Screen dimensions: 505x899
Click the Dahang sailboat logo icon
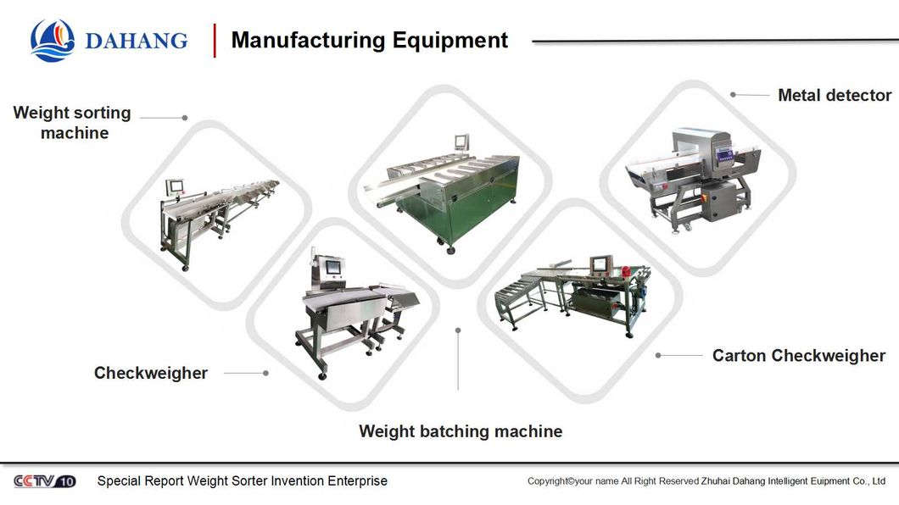coord(53,40)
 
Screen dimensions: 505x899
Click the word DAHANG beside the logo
coord(136,41)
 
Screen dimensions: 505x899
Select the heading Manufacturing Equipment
coord(369,40)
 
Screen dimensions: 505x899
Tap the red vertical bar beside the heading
coord(215,40)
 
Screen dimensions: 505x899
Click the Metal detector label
coord(835,95)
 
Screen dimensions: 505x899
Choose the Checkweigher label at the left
coord(151,373)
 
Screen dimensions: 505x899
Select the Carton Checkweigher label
coord(798,356)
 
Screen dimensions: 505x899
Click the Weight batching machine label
coord(461,431)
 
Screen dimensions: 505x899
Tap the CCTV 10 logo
coord(44,481)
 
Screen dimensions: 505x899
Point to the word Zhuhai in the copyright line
coord(718,481)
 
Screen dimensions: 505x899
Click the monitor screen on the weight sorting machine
coord(176,185)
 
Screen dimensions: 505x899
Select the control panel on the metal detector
coord(723,153)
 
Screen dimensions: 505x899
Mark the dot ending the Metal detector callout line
coord(733,95)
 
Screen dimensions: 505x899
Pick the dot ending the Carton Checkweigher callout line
coord(658,356)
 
